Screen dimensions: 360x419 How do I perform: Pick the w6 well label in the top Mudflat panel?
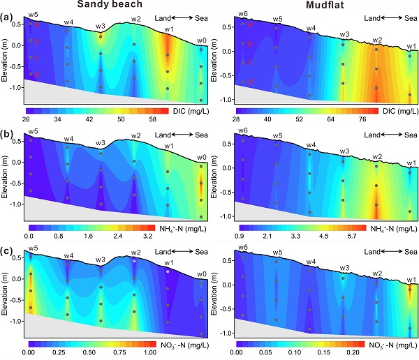[243, 13]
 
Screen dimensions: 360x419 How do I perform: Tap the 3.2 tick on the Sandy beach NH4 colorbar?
[148, 237]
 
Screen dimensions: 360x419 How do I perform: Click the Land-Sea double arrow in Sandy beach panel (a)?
[176, 17]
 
